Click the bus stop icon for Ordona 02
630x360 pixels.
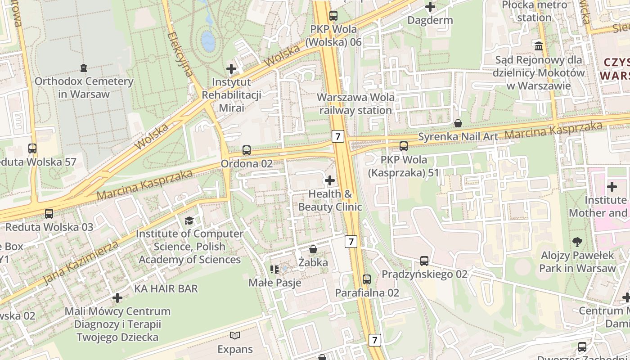pyautogui.click(x=246, y=150)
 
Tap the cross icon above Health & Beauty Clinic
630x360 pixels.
pyautogui.click(x=330, y=180)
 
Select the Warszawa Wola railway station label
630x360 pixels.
pyautogui.click(x=355, y=103)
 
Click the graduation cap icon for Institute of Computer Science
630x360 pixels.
pyautogui.click(x=189, y=220)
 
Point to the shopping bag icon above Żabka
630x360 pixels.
pyautogui.click(x=313, y=249)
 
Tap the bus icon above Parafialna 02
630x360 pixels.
pyautogui.click(x=367, y=279)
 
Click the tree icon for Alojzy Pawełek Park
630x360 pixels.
pyautogui.click(x=577, y=242)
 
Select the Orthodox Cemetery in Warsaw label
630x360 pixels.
pyautogui.click(x=84, y=88)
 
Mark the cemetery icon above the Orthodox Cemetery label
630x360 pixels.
pyautogui.click(x=83, y=68)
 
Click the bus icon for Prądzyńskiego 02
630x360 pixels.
pyautogui.click(x=424, y=261)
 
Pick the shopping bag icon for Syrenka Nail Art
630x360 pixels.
pyautogui.click(x=458, y=123)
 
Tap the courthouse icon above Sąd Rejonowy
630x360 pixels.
pyautogui.click(x=538, y=46)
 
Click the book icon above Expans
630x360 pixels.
pyautogui.click(x=235, y=335)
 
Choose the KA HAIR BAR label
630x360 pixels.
pyautogui.click(x=166, y=288)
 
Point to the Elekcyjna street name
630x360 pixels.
pyautogui.click(x=180, y=54)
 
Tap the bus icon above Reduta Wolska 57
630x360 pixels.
pyautogui.click(x=32, y=148)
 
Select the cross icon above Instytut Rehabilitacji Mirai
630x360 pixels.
pyautogui.click(x=231, y=69)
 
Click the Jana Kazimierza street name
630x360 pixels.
pyautogui.click(x=81, y=264)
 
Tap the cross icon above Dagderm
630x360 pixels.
pyautogui.click(x=430, y=7)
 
